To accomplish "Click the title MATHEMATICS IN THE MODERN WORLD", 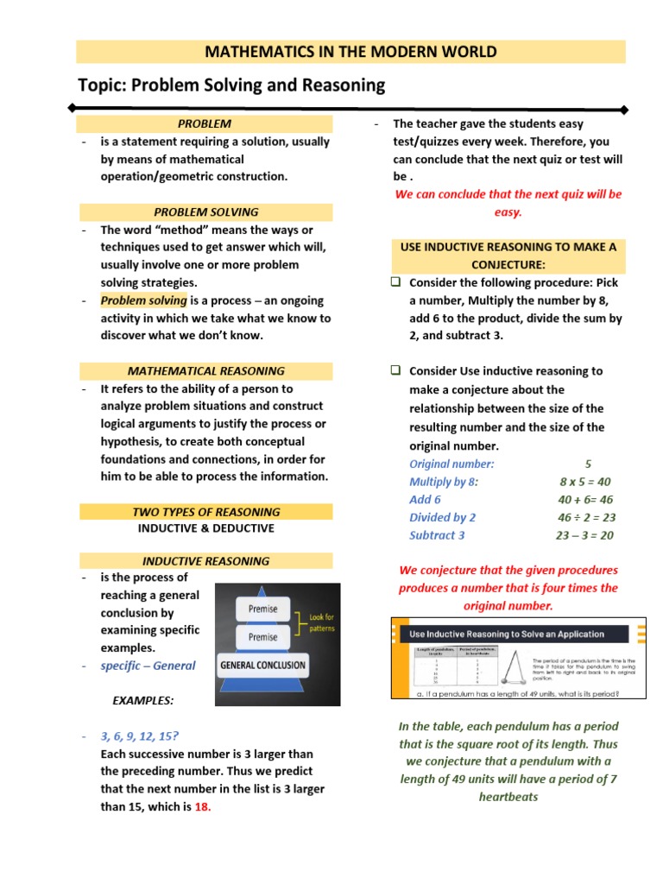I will click(x=350, y=52).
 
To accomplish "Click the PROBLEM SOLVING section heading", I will click(x=205, y=212).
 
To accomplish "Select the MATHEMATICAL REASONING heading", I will click(x=205, y=370).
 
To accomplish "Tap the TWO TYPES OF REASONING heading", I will click(x=205, y=512).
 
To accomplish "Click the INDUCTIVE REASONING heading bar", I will click(x=205, y=560).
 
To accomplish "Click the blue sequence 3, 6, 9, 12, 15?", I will click(x=140, y=736).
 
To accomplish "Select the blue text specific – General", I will click(x=148, y=666).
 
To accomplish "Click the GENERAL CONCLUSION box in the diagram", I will click(x=263, y=666).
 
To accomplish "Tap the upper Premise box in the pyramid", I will click(x=263, y=609).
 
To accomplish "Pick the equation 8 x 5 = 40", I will click(x=585, y=482).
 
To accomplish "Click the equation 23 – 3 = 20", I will click(x=584, y=535).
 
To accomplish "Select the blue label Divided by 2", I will click(x=442, y=517).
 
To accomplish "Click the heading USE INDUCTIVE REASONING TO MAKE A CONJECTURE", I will click(x=508, y=256).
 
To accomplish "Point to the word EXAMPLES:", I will click(x=142, y=700).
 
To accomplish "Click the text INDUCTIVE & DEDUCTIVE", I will click(x=205, y=527).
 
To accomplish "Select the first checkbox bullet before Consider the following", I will click(x=395, y=282).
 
